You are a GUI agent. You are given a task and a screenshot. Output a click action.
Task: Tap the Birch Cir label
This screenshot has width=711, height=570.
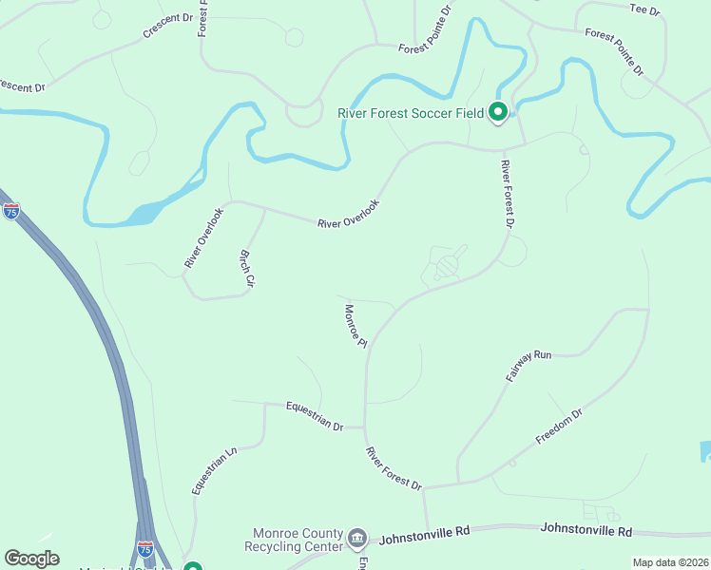[246, 269]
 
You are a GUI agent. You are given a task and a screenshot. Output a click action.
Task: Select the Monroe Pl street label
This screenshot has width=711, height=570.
[355, 326]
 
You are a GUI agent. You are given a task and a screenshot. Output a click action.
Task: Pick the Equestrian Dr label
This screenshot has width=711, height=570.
[314, 417]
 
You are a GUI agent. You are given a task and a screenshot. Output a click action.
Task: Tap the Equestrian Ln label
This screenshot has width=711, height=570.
[212, 470]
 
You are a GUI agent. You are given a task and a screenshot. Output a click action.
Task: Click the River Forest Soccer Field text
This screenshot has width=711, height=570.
[412, 113]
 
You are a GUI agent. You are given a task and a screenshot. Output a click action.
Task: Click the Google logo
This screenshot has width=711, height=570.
[31, 559]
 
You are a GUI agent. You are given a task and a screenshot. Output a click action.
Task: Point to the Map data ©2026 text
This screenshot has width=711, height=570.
[670, 562]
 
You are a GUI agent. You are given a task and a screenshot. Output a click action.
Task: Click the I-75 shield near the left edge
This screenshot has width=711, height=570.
[11, 211]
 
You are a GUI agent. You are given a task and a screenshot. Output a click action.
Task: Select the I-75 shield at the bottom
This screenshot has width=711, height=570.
[144, 549]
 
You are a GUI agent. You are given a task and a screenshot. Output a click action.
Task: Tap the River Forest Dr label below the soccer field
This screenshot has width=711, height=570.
[507, 194]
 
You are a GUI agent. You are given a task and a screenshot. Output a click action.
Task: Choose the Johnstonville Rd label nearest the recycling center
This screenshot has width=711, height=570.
[425, 538]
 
